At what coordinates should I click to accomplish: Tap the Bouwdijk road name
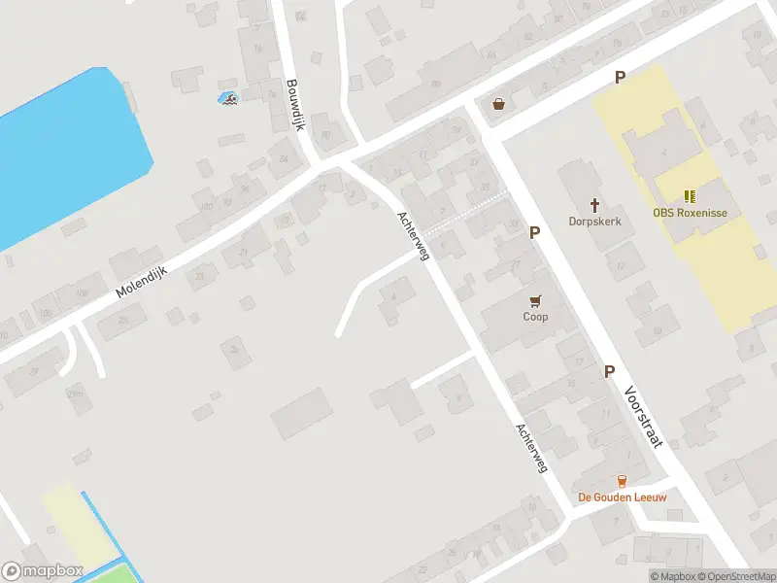point(295,105)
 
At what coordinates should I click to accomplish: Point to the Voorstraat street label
point(644,415)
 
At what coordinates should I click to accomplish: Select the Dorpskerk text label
point(594,222)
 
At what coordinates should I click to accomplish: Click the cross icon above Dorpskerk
point(594,205)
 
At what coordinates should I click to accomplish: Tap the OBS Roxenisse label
point(690,213)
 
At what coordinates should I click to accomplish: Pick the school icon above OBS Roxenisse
point(690,196)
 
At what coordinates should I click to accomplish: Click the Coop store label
point(535,317)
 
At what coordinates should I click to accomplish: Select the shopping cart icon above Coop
point(535,300)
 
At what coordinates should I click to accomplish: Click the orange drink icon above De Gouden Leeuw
point(622,481)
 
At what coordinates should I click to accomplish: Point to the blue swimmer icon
point(227,97)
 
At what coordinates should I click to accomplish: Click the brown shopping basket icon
point(499,103)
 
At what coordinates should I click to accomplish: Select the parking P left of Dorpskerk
point(533,233)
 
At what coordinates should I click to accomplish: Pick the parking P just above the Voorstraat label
point(610,371)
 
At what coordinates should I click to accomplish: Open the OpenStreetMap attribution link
point(739,576)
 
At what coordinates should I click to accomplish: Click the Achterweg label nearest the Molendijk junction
point(414,234)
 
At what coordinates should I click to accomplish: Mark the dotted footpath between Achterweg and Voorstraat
point(466,215)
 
